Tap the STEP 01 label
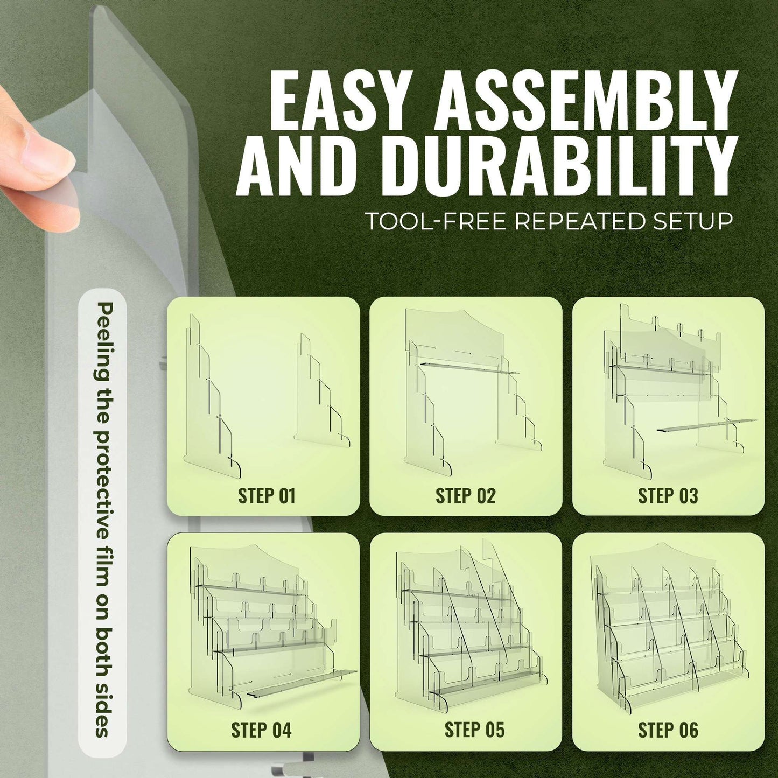[x=267, y=496]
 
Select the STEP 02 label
[x=465, y=496]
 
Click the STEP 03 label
[x=668, y=496]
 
